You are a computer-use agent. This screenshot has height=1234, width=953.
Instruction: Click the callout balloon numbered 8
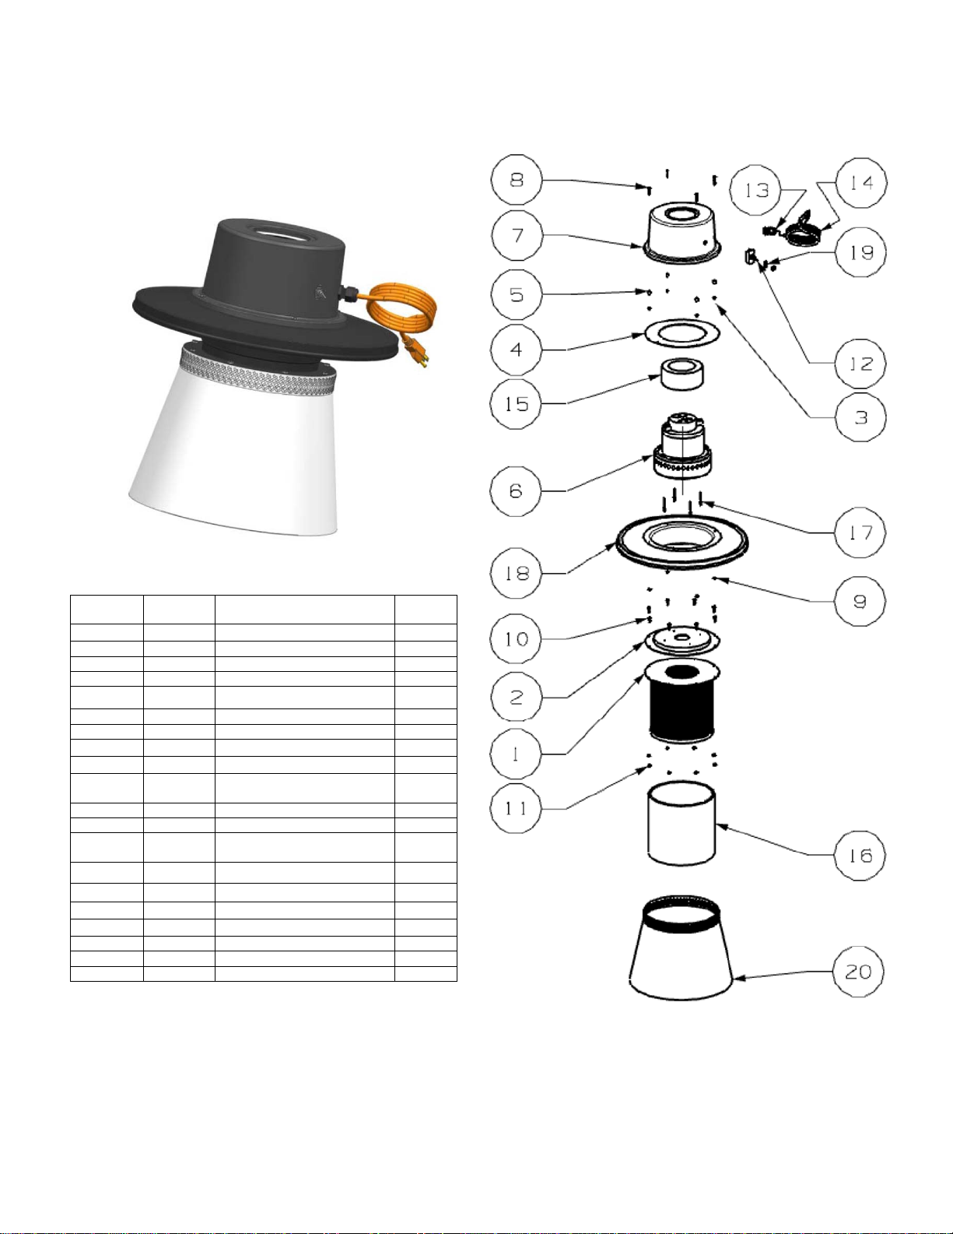517,180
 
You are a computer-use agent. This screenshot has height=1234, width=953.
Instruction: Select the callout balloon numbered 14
861,183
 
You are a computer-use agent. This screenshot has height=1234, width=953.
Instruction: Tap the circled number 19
861,252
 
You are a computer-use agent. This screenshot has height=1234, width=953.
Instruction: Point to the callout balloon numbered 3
861,417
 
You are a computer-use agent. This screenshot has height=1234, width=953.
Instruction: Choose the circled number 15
517,404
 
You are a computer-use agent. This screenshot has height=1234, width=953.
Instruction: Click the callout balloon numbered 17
860,533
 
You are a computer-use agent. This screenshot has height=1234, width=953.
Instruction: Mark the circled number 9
860,601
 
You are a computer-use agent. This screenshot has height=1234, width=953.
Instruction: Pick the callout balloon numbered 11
517,808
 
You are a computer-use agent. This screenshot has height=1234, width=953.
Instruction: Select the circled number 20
858,972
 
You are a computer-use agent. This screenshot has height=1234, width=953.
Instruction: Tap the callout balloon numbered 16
860,856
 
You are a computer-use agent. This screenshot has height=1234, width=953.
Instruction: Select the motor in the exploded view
682,446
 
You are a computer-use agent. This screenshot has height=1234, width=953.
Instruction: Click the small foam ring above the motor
682,374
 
